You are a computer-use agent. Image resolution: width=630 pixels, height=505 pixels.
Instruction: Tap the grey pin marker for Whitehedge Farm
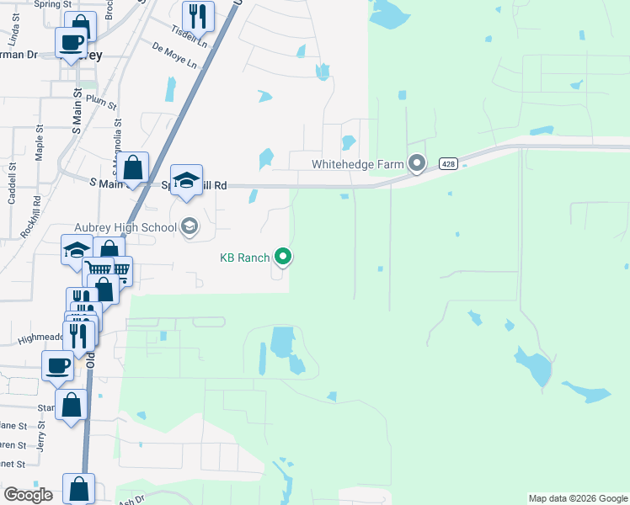coord(416,162)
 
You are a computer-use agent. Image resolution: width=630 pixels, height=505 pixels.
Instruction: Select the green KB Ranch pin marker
coord(284,257)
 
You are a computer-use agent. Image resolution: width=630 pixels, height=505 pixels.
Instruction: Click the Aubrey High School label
coord(125,226)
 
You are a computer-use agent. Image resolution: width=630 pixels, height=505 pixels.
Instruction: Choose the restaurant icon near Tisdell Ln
coord(198,16)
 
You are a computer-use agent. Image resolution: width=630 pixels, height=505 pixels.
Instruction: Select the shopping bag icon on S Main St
coord(133,167)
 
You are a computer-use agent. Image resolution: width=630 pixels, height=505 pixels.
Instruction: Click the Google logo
coord(29,494)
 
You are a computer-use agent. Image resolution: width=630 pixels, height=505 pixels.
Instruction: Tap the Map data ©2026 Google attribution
coord(578,498)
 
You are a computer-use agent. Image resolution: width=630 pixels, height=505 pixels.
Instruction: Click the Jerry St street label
coord(41,443)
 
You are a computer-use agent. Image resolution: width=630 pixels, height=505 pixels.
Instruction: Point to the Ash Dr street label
coord(131,498)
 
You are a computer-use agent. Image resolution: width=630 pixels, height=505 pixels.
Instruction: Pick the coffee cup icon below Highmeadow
coord(57,366)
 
